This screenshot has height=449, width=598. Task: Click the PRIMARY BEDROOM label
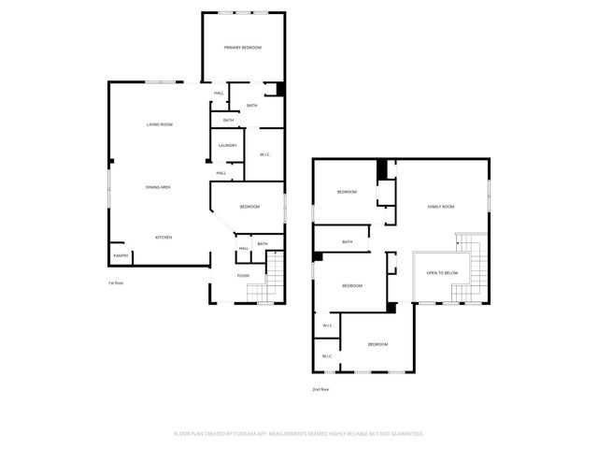click(242, 48)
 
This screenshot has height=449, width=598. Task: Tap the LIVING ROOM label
click(159, 124)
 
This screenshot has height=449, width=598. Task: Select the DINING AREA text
click(157, 188)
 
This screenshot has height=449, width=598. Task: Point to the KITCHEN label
click(164, 237)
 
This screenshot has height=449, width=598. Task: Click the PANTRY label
click(121, 255)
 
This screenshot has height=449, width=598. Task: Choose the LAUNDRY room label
click(227, 146)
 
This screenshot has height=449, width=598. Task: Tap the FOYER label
click(243, 276)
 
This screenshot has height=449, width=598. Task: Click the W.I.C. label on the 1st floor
click(264, 154)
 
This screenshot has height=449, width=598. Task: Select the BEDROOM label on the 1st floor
click(249, 207)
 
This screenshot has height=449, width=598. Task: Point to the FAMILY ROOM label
click(441, 207)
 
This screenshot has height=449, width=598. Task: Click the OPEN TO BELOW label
click(442, 273)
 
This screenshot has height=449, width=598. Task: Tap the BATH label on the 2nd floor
click(347, 242)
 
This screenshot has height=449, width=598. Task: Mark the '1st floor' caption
click(115, 282)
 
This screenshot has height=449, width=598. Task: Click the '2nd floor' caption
click(320, 389)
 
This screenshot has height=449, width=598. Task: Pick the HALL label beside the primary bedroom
click(219, 94)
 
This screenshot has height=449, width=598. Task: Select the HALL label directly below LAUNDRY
click(221, 173)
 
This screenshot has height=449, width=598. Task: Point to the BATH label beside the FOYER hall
click(263, 244)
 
